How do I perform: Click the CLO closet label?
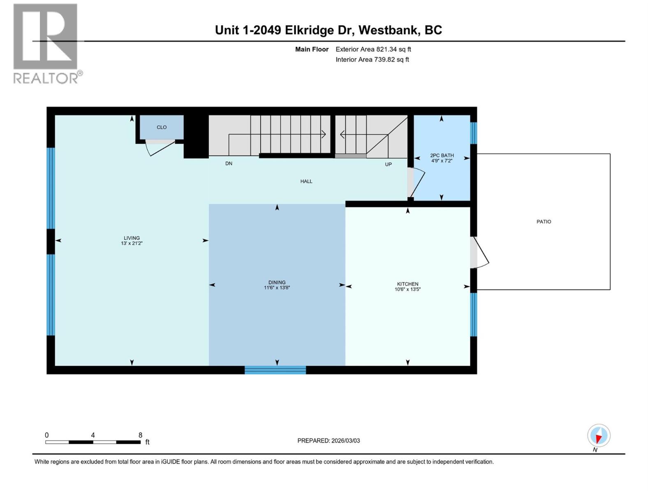pos(162,127)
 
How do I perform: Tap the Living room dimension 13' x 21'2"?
pos(132,243)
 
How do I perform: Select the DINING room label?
pos(277,282)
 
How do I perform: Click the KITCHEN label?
pos(408,284)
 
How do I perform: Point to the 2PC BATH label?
pos(442,155)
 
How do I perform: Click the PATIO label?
pos(543,221)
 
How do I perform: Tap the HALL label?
pos(306,181)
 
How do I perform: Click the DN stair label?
pos(229,163)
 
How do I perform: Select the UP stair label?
pos(388,164)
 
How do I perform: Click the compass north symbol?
pos(598,436)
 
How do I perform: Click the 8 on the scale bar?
pos(140,435)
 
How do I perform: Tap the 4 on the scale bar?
pos(93,435)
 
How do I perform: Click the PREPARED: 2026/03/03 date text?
pos(329,440)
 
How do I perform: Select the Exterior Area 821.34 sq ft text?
pos(373,49)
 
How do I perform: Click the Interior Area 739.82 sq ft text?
pos(372,59)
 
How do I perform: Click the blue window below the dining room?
pos(275,370)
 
